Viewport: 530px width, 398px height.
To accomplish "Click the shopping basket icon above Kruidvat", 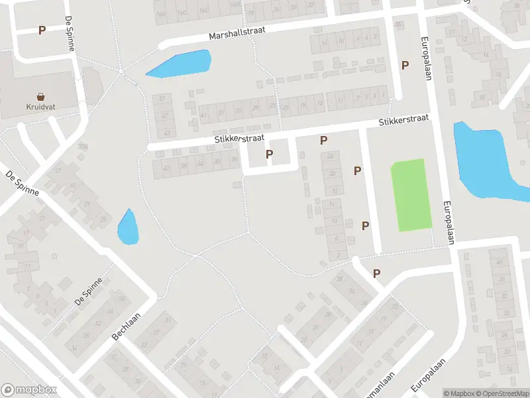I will [x=41, y=97].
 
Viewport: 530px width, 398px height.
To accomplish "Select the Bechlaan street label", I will [x=127, y=327].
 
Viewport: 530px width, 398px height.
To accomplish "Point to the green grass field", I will [x=409, y=195].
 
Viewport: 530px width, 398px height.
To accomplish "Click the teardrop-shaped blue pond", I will [x=127, y=228].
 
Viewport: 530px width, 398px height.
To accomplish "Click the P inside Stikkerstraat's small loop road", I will [x=269, y=155].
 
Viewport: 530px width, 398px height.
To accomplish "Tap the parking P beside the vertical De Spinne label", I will [x=42, y=30].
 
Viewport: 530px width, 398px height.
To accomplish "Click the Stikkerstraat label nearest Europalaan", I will [x=403, y=120].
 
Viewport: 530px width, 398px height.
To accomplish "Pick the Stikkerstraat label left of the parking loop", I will [x=239, y=139].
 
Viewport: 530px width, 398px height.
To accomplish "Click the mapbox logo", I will [x=28, y=390].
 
